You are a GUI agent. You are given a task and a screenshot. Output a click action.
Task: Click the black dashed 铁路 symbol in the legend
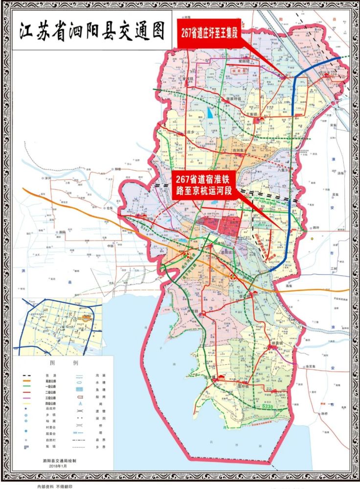29,375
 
